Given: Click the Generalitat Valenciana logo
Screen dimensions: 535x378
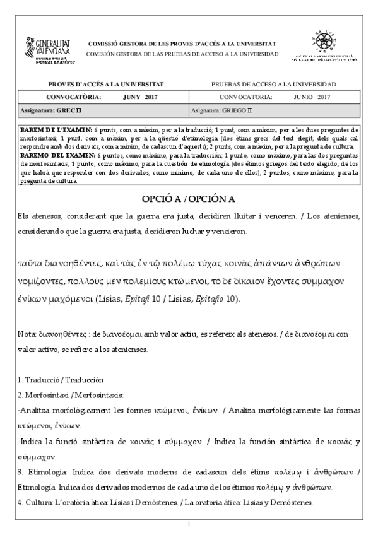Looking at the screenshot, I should click(x=48, y=50).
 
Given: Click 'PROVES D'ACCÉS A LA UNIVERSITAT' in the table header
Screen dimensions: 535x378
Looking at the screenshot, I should click(x=105, y=85).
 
